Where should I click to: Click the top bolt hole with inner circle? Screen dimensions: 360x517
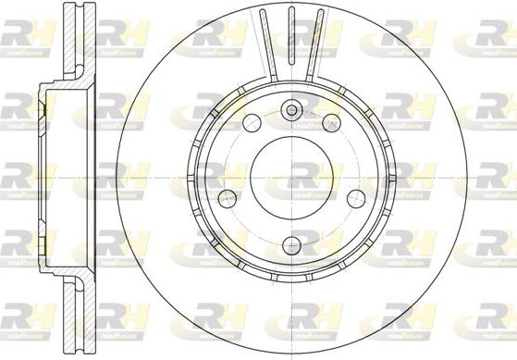tap(291, 110)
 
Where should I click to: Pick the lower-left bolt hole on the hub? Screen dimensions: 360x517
tap(225, 196)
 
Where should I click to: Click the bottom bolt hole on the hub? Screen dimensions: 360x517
tap(291, 245)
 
